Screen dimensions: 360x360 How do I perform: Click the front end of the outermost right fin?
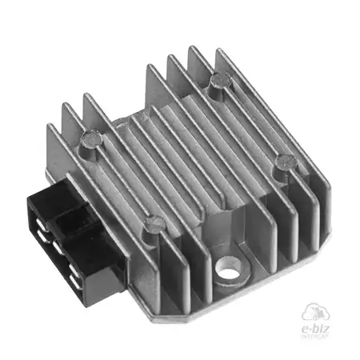[x=308, y=228]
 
